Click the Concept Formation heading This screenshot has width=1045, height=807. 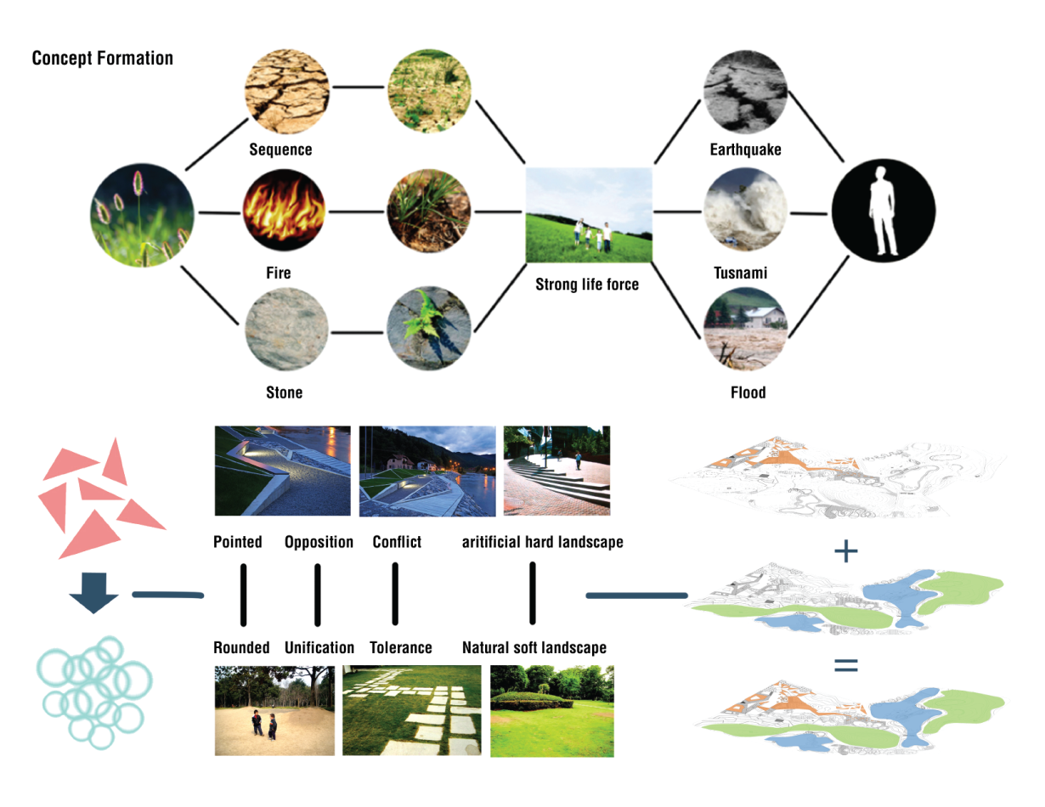[102, 59]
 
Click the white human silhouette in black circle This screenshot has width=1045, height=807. [883, 210]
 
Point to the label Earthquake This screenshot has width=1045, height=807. [745, 150]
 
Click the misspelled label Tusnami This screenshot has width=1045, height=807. [741, 273]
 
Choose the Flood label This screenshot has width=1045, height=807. [748, 392]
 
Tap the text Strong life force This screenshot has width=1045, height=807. [587, 285]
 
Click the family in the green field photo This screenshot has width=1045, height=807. [589, 214]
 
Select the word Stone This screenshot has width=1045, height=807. [284, 392]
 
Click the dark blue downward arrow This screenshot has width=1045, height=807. [93, 592]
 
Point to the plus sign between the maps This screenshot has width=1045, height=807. [845, 552]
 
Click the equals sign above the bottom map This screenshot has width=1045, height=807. [845, 665]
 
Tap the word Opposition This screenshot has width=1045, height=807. [319, 542]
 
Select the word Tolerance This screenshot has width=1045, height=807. [401, 647]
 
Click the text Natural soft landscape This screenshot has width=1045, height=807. [534, 647]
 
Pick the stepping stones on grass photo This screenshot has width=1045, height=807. [410, 710]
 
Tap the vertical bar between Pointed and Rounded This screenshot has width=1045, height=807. [243, 594]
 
